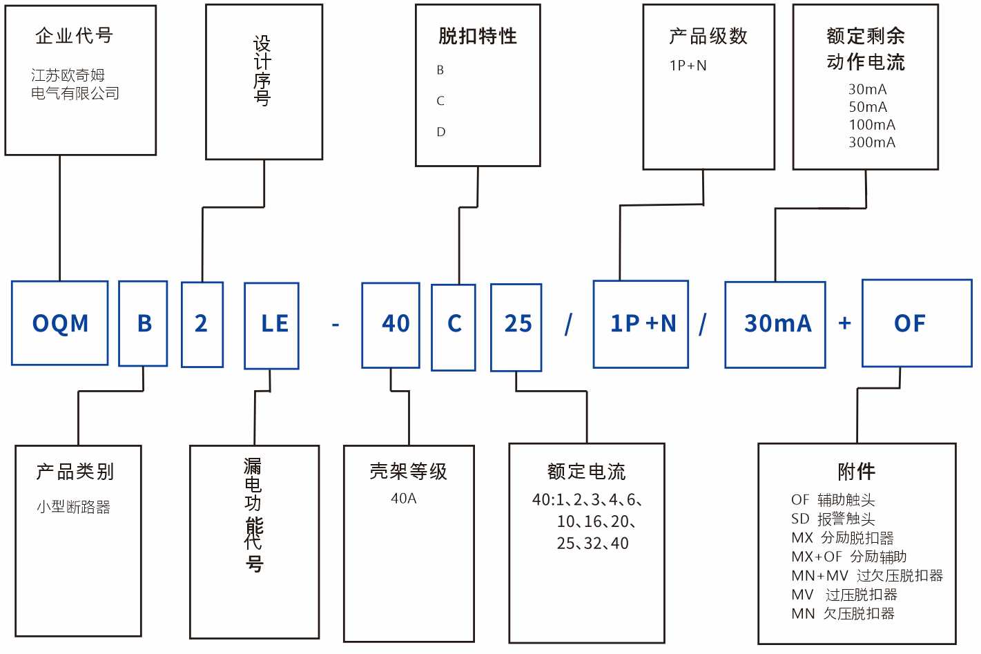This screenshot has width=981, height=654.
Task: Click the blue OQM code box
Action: (60, 323)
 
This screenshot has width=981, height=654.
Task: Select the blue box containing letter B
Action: (144, 323)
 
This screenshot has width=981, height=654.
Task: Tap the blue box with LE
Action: (272, 325)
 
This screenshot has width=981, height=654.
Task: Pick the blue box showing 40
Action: (391, 325)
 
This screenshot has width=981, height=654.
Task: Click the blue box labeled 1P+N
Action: (641, 324)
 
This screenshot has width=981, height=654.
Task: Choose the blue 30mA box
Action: (775, 325)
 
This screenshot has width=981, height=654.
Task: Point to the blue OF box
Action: (917, 323)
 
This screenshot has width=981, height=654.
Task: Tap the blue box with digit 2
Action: (202, 324)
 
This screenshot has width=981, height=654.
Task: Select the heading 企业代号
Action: (74, 35)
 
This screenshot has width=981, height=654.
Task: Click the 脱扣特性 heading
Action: (478, 36)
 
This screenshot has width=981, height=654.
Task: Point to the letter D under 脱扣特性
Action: (441, 132)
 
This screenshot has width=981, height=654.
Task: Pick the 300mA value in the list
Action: (872, 142)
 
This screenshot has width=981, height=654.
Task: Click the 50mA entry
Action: (868, 107)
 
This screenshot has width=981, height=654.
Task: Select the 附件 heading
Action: (857, 472)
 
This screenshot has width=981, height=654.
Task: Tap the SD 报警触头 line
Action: (833, 519)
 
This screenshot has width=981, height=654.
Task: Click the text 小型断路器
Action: (73, 507)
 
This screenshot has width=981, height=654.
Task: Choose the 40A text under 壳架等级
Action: (404, 499)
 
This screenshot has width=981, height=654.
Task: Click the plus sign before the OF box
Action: (844, 323)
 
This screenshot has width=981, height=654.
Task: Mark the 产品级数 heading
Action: (708, 36)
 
